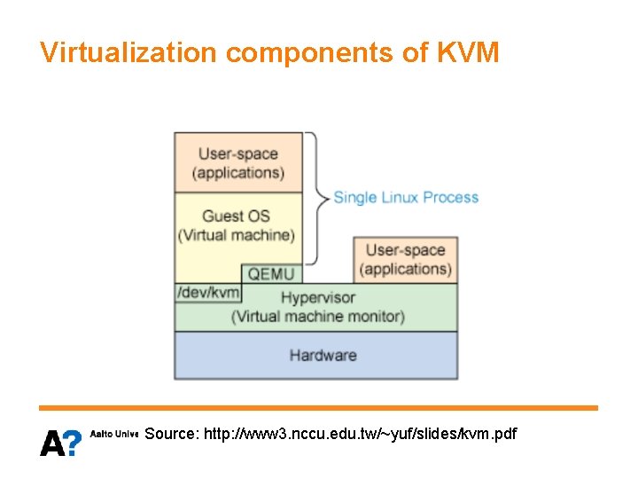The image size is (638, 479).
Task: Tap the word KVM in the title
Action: coord(469,53)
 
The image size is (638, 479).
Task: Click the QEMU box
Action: coord(270,274)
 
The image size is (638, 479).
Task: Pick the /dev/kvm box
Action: coord(208,293)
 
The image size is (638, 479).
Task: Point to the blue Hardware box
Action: coord(316,355)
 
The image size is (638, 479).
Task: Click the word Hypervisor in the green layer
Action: coord(318,297)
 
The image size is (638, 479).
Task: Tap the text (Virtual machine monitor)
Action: coord(318,316)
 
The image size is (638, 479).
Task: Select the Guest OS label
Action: coord(236,216)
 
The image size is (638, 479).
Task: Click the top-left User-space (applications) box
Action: coord(238,163)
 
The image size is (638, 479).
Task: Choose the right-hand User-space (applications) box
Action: coord(405,259)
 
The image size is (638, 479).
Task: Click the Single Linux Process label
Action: coord(406,197)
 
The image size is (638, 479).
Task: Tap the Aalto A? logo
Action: coord(60,441)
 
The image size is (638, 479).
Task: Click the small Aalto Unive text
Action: coord(114,435)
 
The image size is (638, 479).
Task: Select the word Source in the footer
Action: coord(170,435)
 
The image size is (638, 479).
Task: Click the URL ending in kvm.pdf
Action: coord(360,435)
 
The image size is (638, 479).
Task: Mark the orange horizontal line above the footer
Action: coord(318,408)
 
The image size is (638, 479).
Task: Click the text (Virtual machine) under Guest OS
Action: coord(236,235)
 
